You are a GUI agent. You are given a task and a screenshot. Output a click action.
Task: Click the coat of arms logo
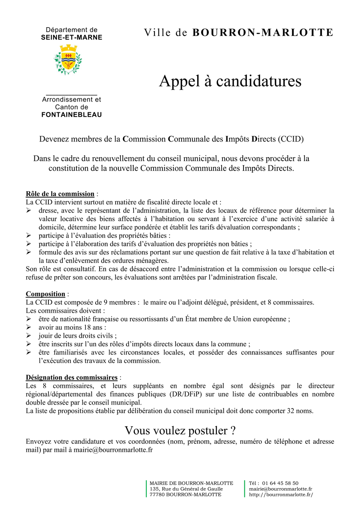[68, 59]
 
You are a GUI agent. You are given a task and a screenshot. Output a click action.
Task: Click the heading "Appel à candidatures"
[230, 81]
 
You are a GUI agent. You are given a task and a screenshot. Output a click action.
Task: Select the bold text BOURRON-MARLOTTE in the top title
[263, 33]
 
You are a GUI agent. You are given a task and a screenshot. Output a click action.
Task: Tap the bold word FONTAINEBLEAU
[72, 115]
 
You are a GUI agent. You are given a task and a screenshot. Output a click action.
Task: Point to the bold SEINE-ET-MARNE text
[72, 38]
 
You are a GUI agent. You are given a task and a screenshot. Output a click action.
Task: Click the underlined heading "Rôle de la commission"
[60, 194]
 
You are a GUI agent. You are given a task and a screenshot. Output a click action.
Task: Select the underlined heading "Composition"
[46, 294]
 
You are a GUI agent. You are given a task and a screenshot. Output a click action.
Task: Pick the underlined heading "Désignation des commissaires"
[72, 377]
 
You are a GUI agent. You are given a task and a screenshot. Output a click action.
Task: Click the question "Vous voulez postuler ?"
[180, 431]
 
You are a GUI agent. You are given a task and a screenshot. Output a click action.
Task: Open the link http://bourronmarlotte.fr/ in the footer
[281, 495]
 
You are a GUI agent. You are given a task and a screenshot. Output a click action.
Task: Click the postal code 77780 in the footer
[157, 495]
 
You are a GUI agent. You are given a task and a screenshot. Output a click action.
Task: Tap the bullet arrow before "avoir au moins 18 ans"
[29, 327]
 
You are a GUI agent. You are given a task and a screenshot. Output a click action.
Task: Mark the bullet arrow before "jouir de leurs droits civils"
[29, 336]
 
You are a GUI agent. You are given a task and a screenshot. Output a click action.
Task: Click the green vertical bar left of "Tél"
[245, 489]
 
